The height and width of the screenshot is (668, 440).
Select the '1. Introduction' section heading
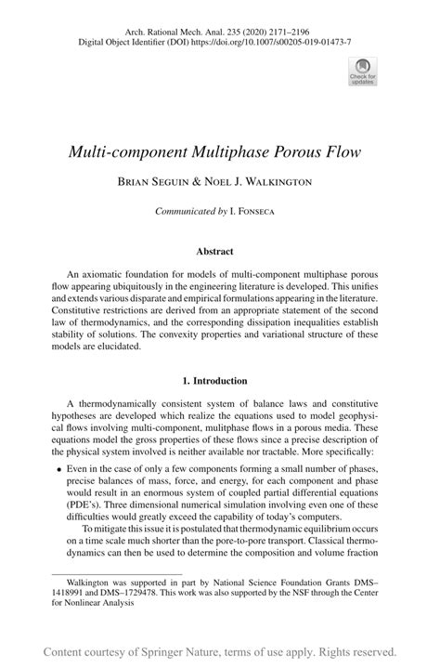pyautogui.click(x=220, y=381)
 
